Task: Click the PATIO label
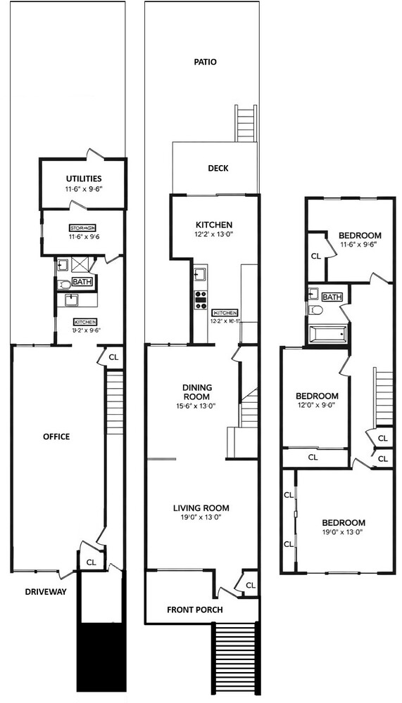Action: tap(205, 62)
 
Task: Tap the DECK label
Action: tap(218, 169)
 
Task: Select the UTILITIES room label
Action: tap(84, 179)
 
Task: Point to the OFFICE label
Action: tap(56, 437)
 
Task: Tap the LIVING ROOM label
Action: tap(201, 508)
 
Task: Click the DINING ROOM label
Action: tap(197, 392)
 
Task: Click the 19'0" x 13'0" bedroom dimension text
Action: tap(343, 532)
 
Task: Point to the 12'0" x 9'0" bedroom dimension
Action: tap(316, 405)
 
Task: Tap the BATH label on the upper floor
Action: tap(332, 297)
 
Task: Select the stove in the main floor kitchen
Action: tap(201, 300)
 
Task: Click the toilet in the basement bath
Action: tap(64, 285)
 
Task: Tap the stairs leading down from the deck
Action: tap(246, 122)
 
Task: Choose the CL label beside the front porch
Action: tap(251, 585)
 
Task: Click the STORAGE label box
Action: tap(82, 228)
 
